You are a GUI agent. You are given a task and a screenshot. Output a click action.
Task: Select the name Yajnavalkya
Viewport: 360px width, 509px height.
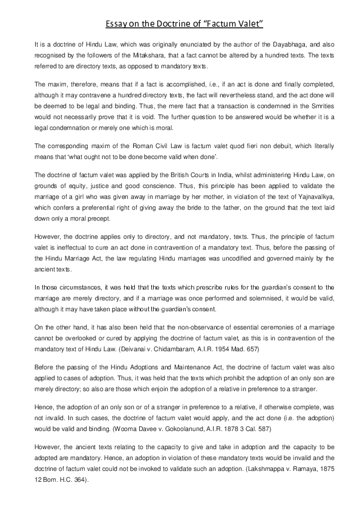click(308, 194)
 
